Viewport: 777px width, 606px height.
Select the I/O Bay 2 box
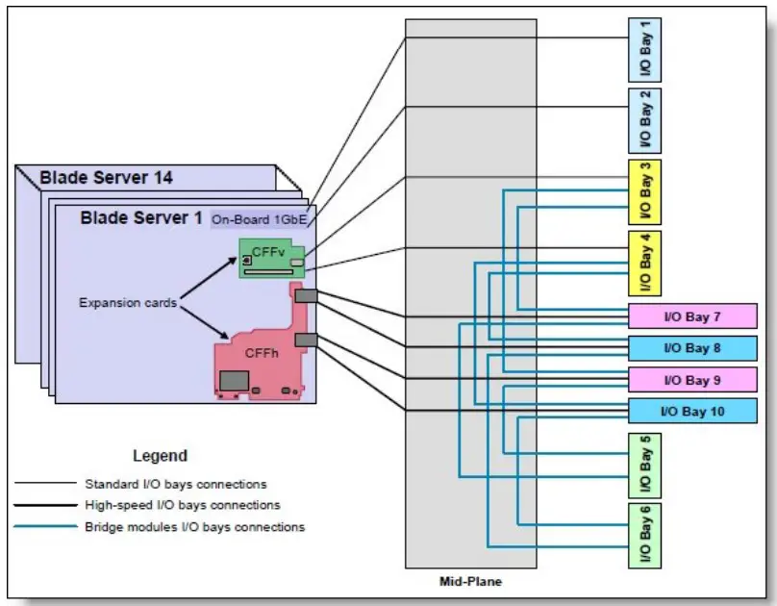644,120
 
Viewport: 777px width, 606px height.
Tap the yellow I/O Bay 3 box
644,191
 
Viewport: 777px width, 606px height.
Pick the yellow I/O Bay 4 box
644,263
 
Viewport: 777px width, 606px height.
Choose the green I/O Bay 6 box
644,535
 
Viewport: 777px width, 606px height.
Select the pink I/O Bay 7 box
691,316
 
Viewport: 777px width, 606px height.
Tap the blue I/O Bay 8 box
691,347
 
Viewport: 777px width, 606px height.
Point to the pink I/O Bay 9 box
691,379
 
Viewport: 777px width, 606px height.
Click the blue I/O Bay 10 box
691,411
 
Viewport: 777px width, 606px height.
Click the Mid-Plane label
470,581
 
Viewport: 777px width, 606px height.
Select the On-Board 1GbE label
262,219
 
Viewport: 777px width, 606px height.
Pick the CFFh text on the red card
262,353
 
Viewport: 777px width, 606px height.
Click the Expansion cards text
128,302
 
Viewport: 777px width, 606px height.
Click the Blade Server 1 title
135,218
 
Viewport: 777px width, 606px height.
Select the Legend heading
160,456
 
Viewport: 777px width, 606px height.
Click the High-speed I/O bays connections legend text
182,505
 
